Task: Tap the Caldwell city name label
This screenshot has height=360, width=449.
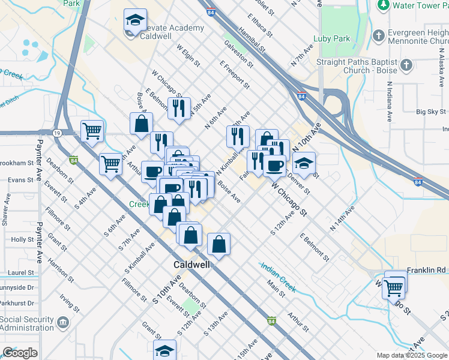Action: [x=191, y=265]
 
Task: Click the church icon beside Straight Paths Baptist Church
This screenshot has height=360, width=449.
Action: [x=406, y=65]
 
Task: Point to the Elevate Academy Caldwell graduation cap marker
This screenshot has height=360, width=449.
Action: [x=136, y=21]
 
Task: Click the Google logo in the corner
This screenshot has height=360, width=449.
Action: [x=20, y=353]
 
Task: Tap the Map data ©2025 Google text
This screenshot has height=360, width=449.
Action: [x=411, y=355]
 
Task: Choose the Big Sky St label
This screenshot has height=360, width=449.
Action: [x=431, y=112]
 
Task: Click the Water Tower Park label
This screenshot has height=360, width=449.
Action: [x=420, y=5]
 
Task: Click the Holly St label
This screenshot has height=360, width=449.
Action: [x=22, y=239]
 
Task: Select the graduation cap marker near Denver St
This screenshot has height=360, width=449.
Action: [x=304, y=163]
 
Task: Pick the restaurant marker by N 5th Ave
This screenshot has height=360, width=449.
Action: [x=179, y=109]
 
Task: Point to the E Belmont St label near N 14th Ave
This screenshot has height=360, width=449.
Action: [x=315, y=248]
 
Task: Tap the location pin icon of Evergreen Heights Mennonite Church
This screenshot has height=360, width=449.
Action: [x=378, y=35]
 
